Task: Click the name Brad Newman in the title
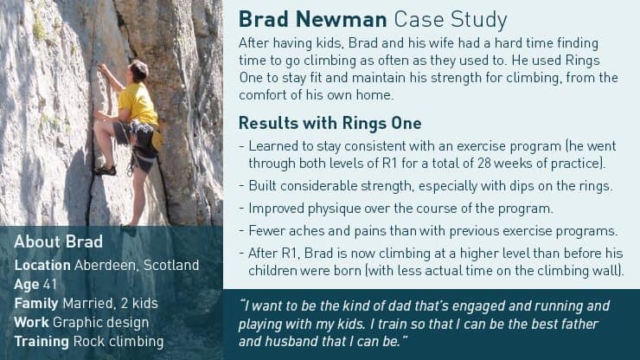[x=313, y=19]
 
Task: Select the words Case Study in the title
[x=451, y=20]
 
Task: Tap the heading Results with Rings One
[x=330, y=123]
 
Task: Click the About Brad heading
[x=58, y=242]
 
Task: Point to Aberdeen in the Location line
[x=106, y=265]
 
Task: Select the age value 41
[x=50, y=285]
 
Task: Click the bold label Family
[x=36, y=304]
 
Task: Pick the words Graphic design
[x=101, y=323]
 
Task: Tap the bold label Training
[x=42, y=342]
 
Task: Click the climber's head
[x=138, y=70]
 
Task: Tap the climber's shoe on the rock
[x=105, y=170]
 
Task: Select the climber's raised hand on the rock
[x=102, y=68]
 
